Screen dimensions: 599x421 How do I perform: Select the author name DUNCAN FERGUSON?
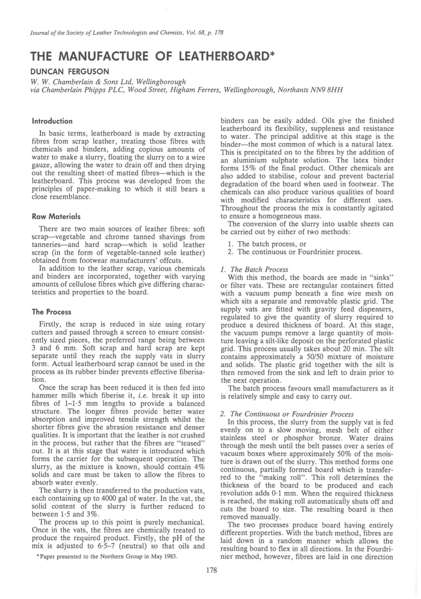pos(70,72)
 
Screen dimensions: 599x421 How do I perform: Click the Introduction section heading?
pos(52,122)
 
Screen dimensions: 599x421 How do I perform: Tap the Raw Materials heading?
pos(56,217)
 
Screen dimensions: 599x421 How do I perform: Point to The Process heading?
pos(51,312)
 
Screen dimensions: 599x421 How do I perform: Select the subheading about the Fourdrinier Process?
pos(287,414)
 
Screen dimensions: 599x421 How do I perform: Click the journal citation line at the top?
pos(127,33)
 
